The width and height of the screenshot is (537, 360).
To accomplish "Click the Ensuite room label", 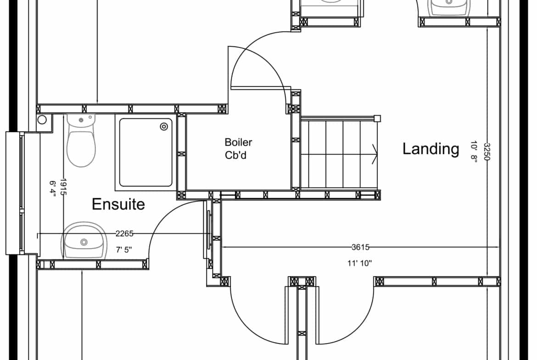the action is [118, 204].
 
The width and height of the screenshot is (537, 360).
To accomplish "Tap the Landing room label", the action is [431, 149].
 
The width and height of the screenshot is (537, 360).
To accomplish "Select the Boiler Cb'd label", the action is [238, 149].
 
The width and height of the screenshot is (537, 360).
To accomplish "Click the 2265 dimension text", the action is [124, 234].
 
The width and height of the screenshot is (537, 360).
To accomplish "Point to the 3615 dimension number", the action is [360, 247].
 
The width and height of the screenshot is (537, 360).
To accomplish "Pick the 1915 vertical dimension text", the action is [63, 187].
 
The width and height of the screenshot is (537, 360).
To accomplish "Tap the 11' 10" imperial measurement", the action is [359, 263].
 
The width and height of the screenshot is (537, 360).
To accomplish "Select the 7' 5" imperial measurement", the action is [123, 250].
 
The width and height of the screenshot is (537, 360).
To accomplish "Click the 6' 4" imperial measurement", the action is [52, 189].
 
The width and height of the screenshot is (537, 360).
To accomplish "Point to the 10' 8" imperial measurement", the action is [474, 152].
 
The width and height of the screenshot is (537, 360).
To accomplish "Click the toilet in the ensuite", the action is [81, 141].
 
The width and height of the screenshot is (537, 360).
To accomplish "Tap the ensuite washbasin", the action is [84, 240].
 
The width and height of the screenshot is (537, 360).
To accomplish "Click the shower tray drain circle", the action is [164, 127].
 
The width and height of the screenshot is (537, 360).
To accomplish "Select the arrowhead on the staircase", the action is [375, 154].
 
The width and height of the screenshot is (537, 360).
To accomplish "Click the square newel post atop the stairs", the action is [377, 119].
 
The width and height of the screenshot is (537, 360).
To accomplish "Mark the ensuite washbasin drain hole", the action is [84, 242].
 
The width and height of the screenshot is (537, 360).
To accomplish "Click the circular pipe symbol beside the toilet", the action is [42, 119].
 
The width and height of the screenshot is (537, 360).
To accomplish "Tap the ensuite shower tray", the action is [145, 152].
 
